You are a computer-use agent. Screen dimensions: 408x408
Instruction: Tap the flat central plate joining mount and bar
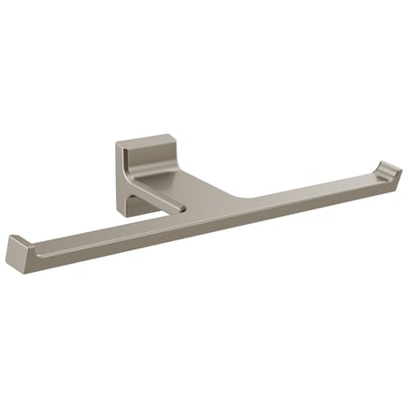point(209,186)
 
